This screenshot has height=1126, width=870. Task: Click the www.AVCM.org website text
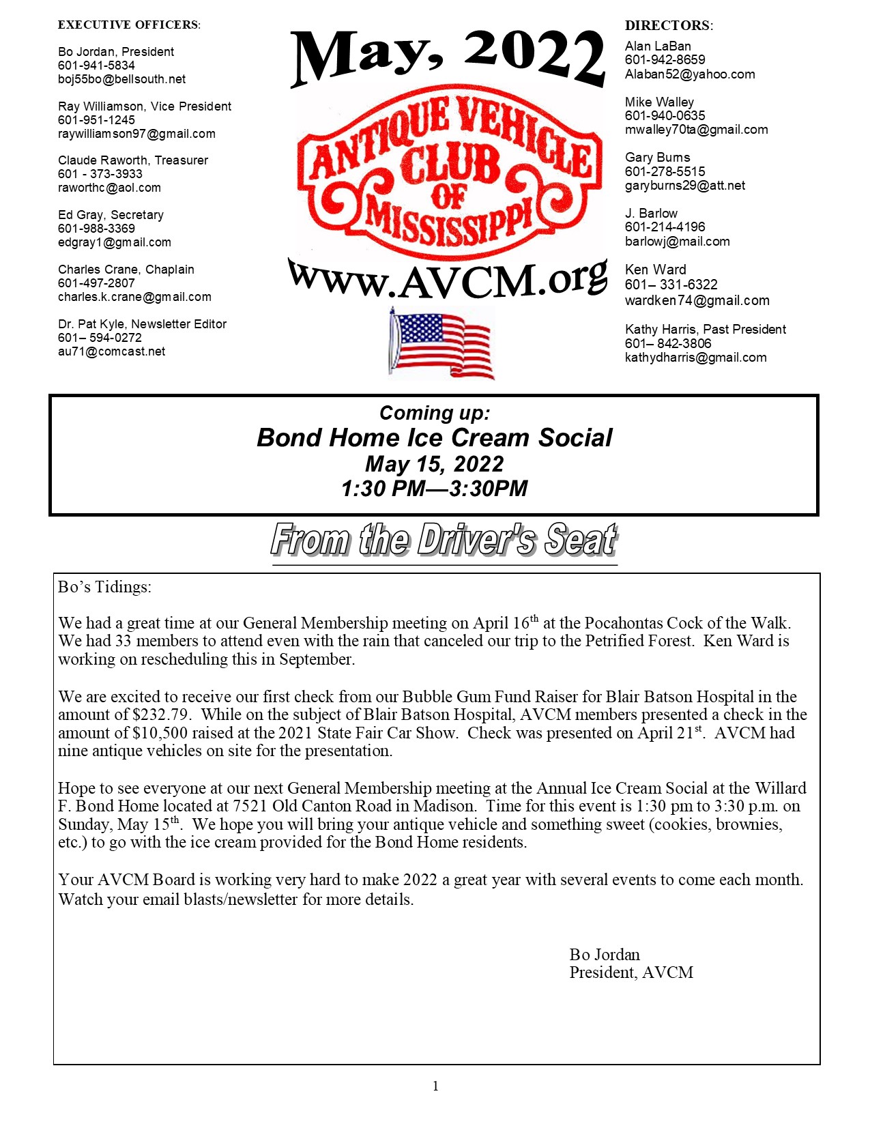click(x=448, y=279)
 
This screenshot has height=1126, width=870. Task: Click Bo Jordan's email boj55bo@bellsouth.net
click(x=121, y=79)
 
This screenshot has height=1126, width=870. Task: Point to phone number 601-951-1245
click(x=96, y=120)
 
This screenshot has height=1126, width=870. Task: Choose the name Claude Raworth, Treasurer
click(x=133, y=160)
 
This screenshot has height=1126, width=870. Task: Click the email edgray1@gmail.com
click(x=115, y=242)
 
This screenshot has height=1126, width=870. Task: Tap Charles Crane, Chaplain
click(x=126, y=270)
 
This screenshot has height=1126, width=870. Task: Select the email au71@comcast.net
click(x=112, y=351)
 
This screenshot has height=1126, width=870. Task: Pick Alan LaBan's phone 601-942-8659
click(x=665, y=60)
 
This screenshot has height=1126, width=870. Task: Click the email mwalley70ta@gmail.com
click(x=697, y=130)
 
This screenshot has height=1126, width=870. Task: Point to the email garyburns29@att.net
click(x=685, y=186)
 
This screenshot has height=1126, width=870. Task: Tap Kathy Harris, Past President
click(x=706, y=330)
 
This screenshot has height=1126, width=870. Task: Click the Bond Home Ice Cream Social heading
click(x=435, y=438)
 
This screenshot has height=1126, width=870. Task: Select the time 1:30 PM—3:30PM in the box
click(x=435, y=489)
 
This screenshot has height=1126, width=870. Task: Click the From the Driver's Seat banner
click(x=444, y=540)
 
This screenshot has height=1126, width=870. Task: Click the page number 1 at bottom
click(x=435, y=1086)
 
